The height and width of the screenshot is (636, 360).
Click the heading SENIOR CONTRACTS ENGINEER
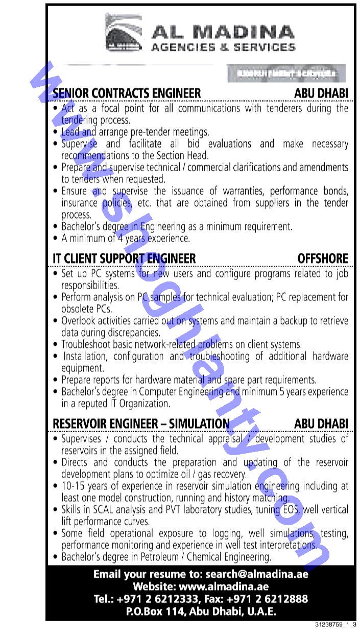pyautogui.click(x=127, y=93)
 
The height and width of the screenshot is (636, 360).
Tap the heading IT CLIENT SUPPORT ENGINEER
pyautogui.click(x=124, y=258)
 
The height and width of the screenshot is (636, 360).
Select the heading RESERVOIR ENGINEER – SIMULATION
pyautogui.click(x=141, y=423)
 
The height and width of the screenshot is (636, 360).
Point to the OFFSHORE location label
pyautogui.click(x=323, y=258)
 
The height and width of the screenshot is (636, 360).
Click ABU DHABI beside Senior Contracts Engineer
pyautogui.click(x=321, y=93)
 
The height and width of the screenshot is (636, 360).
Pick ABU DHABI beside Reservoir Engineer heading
pyautogui.click(x=321, y=423)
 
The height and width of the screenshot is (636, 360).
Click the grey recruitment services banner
pyautogui.click(x=287, y=74)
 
